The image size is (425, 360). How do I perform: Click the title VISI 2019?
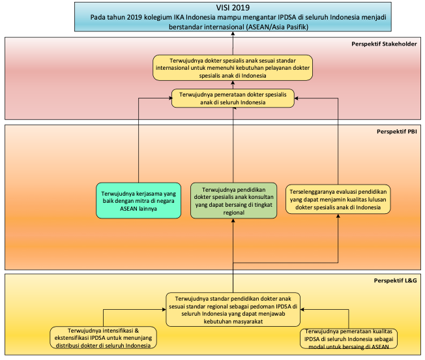[233, 8]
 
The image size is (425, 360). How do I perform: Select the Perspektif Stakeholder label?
[384, 44]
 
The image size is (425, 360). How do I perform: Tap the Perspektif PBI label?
[397, 132]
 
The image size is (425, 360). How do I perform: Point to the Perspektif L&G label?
[396, 280]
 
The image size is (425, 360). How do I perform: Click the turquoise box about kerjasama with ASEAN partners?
[138, 201]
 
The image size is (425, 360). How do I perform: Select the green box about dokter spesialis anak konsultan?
[233, 201]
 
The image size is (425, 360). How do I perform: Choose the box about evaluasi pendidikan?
[338, 200]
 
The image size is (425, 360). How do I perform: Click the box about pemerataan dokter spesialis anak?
[233, 98]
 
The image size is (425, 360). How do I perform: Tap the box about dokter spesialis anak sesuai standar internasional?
[233, 68]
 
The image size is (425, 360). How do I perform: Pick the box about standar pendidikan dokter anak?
[233, 310]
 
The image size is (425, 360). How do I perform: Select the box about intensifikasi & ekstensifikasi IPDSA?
[103, 338]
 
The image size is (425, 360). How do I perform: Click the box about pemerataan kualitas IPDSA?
[349, 338]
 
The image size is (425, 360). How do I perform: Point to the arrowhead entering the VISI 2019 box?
[233, 33]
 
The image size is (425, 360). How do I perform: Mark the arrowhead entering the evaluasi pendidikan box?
[338, 216]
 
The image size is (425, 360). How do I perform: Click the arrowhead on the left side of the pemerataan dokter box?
[169, 98]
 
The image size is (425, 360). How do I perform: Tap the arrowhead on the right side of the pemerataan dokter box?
[296, 98]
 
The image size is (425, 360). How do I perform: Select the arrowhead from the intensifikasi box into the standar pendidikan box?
[164, 309]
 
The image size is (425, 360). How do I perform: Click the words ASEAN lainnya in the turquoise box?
[138, 209]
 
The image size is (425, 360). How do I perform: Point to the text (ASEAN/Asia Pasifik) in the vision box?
[277, 27]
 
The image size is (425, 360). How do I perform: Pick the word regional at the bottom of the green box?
[233, 213]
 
